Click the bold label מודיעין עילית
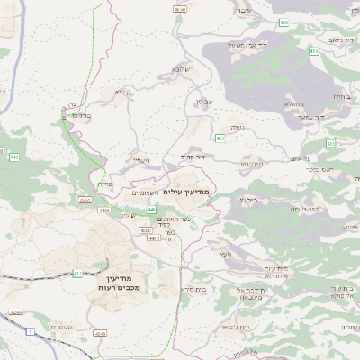[212, 192]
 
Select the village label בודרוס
[81, 115]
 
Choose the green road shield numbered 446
[140, 209]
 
